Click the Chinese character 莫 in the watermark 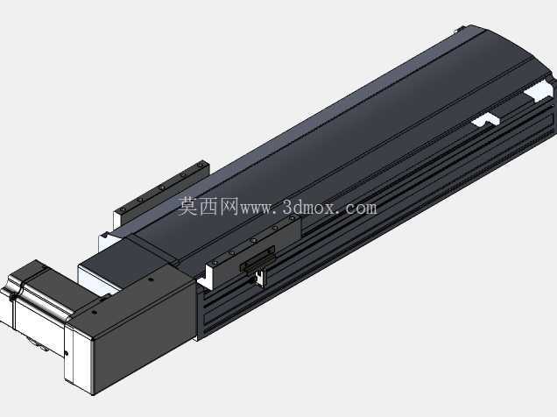(x=188, y=207)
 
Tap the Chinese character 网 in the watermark (x=229, y=207)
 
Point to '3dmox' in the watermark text (x=308, y=207)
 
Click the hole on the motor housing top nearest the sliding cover (x=151, y=279)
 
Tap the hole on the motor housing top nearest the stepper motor (x=94, y=313)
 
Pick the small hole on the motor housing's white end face (x=67, y=353)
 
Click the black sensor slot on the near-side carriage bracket (x=257, y=259)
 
